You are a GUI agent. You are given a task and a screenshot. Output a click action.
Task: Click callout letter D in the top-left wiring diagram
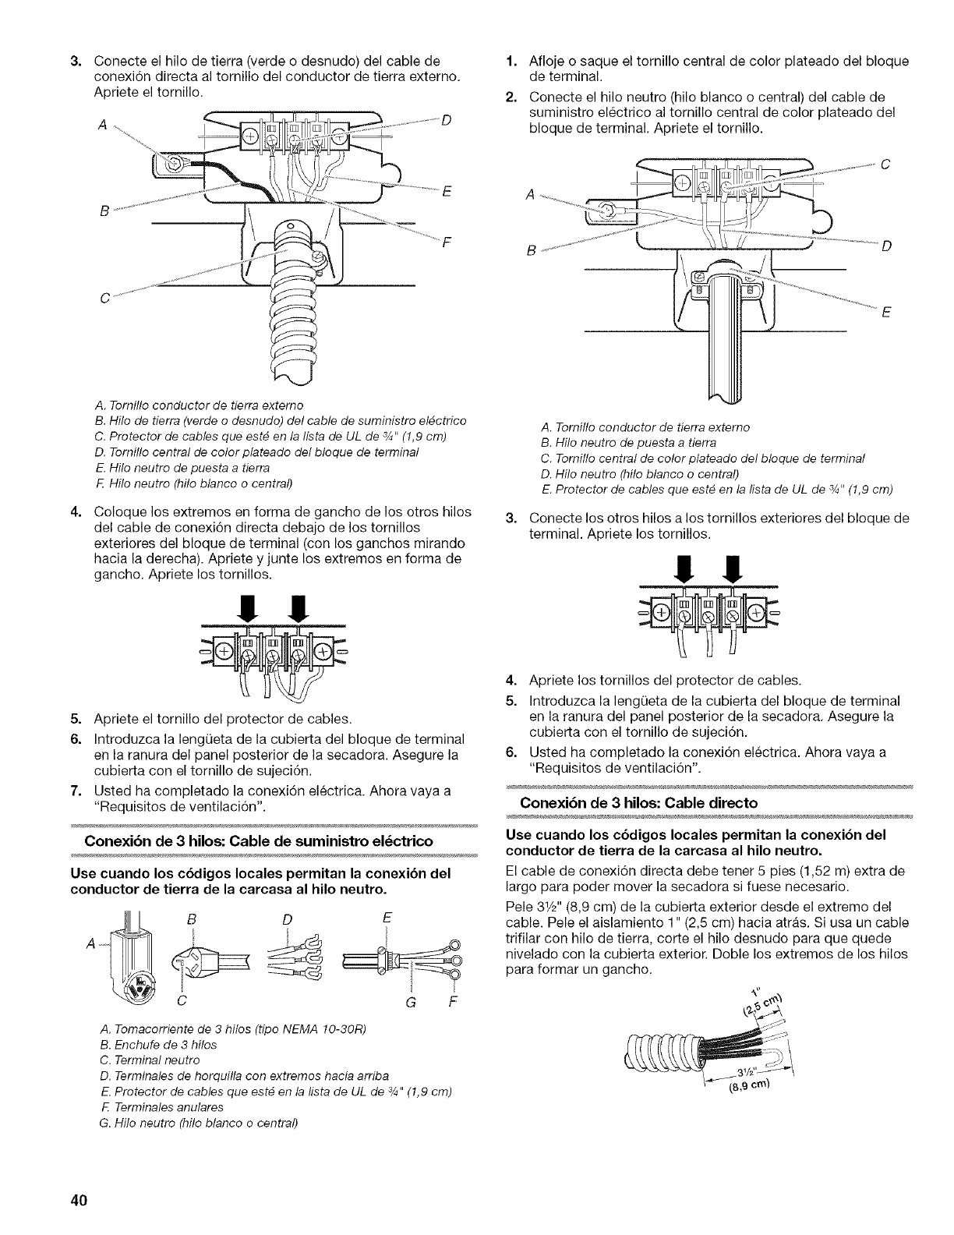pos(446,120)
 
